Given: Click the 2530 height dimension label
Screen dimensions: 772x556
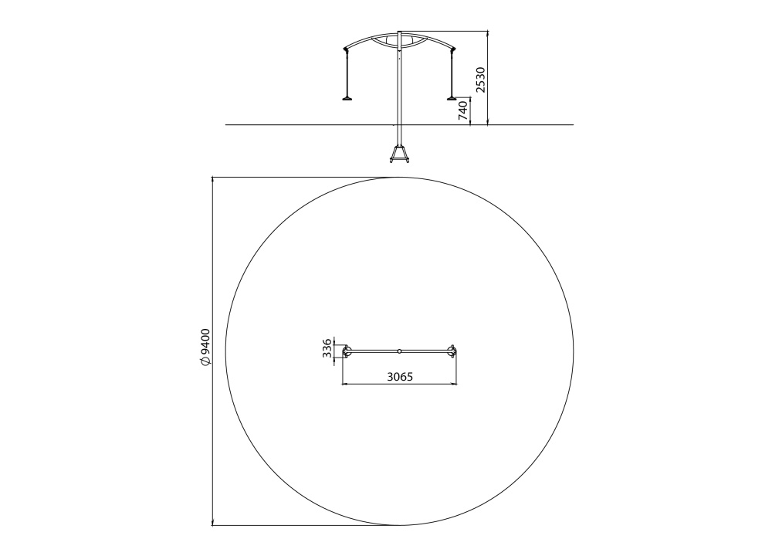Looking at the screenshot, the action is pyautogui.click(x=480, y=79).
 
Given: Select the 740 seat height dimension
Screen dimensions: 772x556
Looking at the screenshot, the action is pyautogui.click(x=463, y=110).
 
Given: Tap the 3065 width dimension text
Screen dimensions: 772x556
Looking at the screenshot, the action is pyautogui.click(x=400, y=377).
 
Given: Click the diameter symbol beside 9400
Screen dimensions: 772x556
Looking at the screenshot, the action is pyautogui.click(x=205, y=361).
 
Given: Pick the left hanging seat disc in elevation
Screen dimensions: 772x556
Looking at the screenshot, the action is pyautogui.click(x=348, y=98).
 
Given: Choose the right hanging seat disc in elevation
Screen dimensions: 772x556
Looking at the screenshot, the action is pyautogui.click(x=452, y=98).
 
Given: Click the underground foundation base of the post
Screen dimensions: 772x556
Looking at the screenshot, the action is pyautogui.click(x=400, y=154).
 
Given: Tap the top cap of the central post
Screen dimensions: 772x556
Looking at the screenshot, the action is pyautogui.click(x=400, y=32).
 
